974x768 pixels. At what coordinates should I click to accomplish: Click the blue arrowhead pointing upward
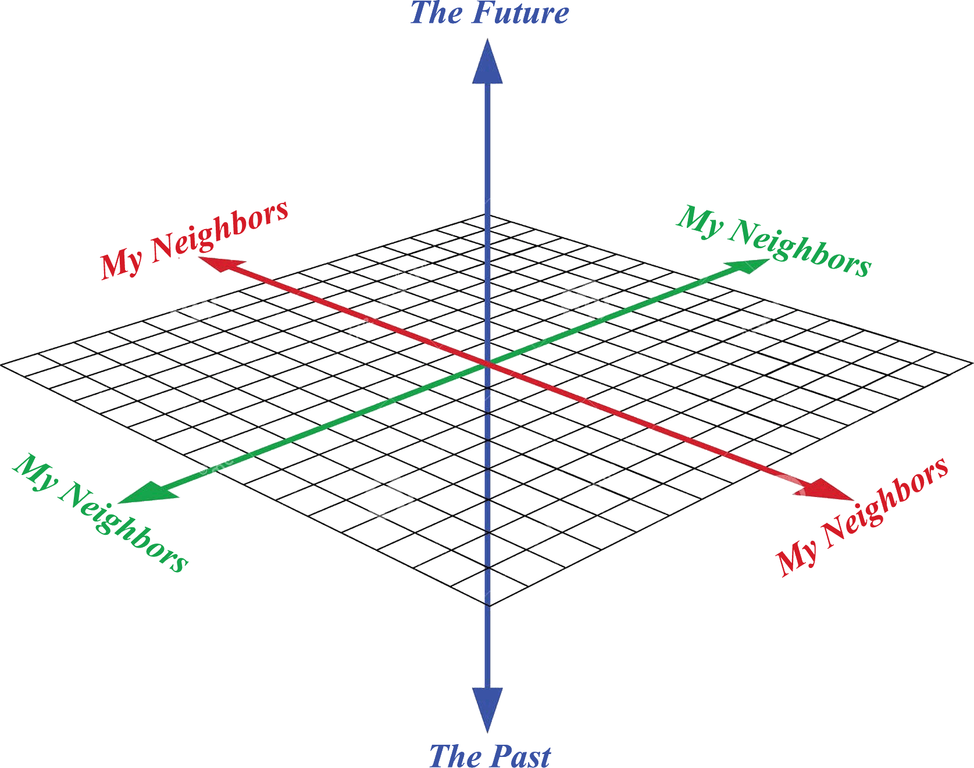point(487,63)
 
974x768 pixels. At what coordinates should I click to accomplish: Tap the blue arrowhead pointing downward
point(487,708)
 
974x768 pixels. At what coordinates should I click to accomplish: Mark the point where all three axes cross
point(487,365)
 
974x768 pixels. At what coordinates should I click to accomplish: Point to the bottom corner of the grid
point(488,605)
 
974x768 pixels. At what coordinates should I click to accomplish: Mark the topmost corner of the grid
point(487,214)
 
